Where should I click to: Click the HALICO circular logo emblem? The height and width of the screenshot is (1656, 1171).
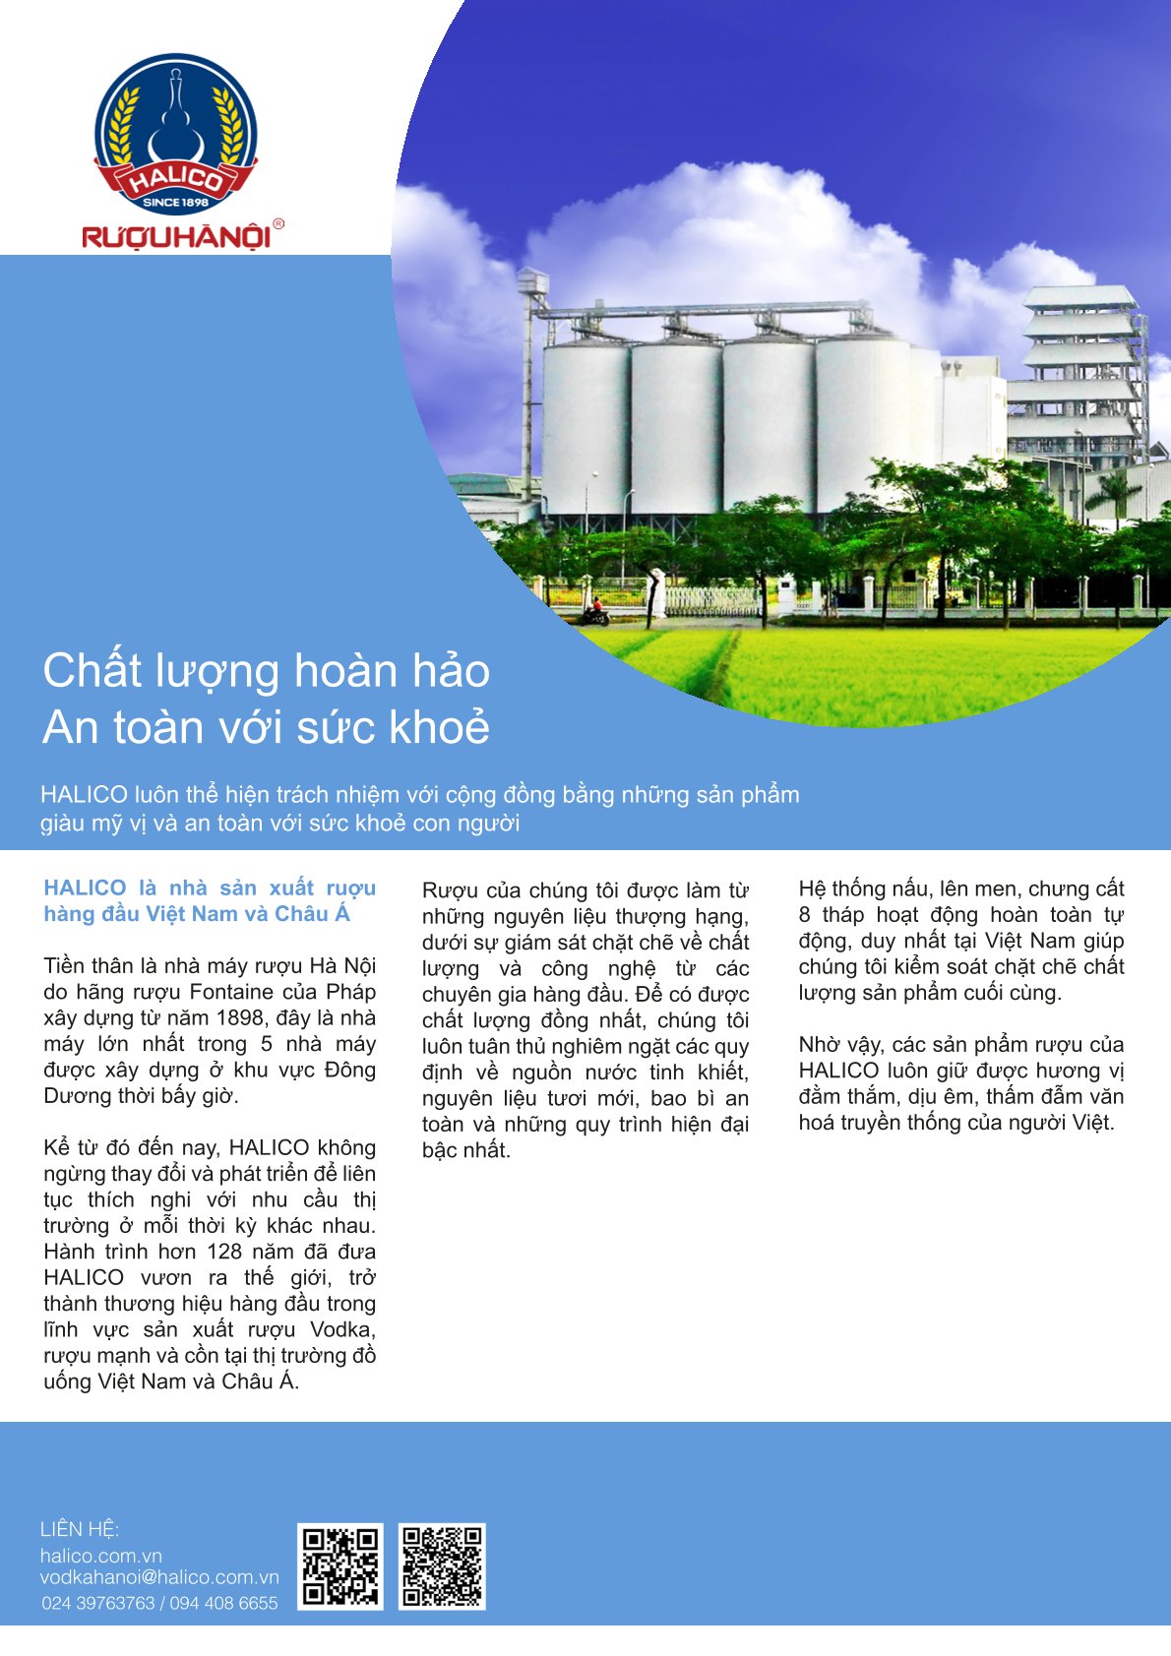coord(175,133)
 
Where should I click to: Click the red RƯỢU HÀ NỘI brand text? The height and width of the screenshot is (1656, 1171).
coord(175,237)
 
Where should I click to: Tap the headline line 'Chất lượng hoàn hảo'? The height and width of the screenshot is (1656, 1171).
coord(266,671)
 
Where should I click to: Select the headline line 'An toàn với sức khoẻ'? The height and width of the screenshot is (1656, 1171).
coord(266,728)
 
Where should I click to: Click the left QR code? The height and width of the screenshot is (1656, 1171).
coord(340,1566)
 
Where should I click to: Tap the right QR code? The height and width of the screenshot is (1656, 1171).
coord(442,1566)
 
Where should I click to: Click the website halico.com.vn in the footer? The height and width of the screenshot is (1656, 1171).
coord(100,1556)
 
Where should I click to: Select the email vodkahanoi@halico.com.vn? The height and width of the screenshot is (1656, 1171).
coord(159,1577)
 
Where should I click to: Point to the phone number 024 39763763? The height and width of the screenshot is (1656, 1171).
coord(98,1603)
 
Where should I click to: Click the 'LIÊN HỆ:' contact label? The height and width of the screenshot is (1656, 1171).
coord(80,1529)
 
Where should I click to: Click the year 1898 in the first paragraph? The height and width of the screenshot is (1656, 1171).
coord(240,1017)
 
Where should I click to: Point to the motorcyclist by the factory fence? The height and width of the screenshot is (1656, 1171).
coord(594,612)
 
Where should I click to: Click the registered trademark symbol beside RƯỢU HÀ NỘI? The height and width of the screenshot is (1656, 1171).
coord(278,224)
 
